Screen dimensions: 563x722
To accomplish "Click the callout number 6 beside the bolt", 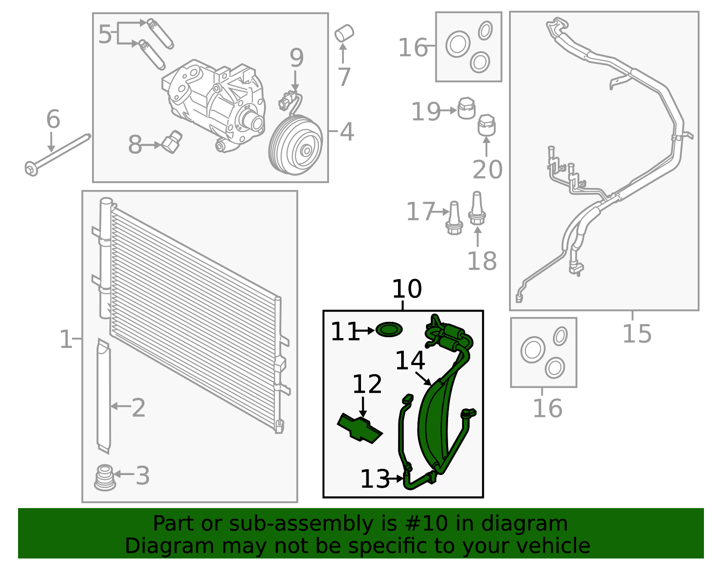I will coord(53,119).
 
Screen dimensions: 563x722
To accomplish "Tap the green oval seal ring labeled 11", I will coord(389,330).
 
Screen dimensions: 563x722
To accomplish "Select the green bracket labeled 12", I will coord(360,428).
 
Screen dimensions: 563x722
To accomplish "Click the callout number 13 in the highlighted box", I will coord(375,479).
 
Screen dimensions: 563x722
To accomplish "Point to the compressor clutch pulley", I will coord(296,145).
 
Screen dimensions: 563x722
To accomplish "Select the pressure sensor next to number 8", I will coord(172,142).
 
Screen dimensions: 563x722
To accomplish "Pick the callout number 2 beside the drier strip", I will coord(139,408).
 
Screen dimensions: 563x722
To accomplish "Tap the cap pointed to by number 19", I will coord(467,108).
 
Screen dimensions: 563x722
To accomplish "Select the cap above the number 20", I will coord(486,125).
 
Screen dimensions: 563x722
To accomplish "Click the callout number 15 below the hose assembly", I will coord(637,334).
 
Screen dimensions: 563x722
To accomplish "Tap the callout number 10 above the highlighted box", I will coord(407,289).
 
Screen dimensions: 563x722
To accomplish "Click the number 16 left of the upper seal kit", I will coord(412,48).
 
